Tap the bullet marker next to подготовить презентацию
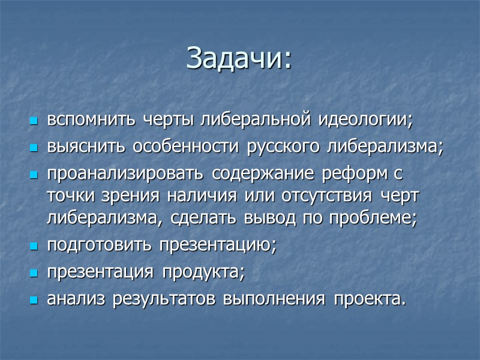[33, 247]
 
